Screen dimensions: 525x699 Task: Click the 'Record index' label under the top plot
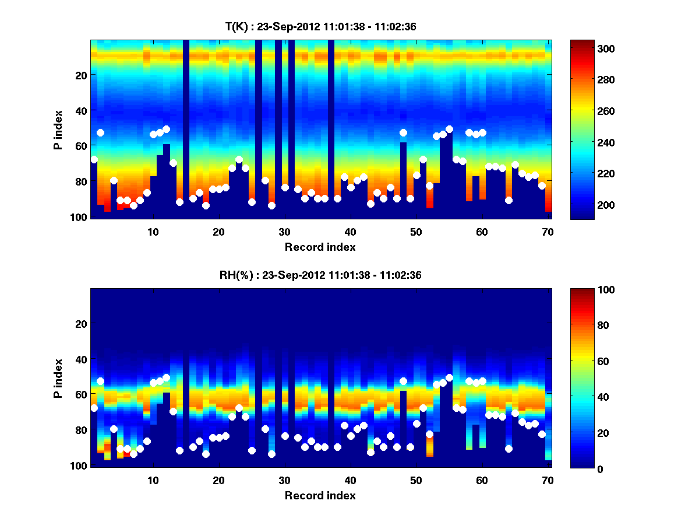tap(320, 247)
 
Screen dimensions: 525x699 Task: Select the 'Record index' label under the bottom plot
tap(320, 495)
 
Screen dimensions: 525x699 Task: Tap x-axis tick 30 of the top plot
tap(284, 232)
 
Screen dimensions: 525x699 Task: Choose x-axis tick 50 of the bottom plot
tap(416, 480)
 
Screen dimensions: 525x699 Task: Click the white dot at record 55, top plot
tap(449, 129)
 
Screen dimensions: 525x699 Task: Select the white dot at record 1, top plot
tap(94, 159)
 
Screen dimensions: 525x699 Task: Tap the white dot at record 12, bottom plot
tap(166, 377)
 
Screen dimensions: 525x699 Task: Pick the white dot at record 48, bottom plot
tap(403, 381)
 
